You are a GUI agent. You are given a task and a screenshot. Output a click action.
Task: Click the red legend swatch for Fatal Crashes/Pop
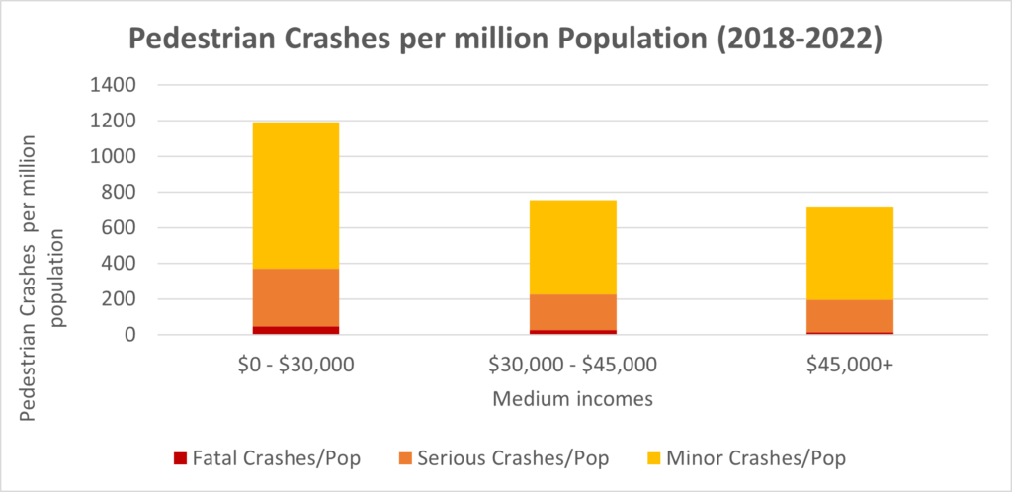coord(179,457)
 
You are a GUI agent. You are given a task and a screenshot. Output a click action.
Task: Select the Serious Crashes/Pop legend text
coord(513,457)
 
